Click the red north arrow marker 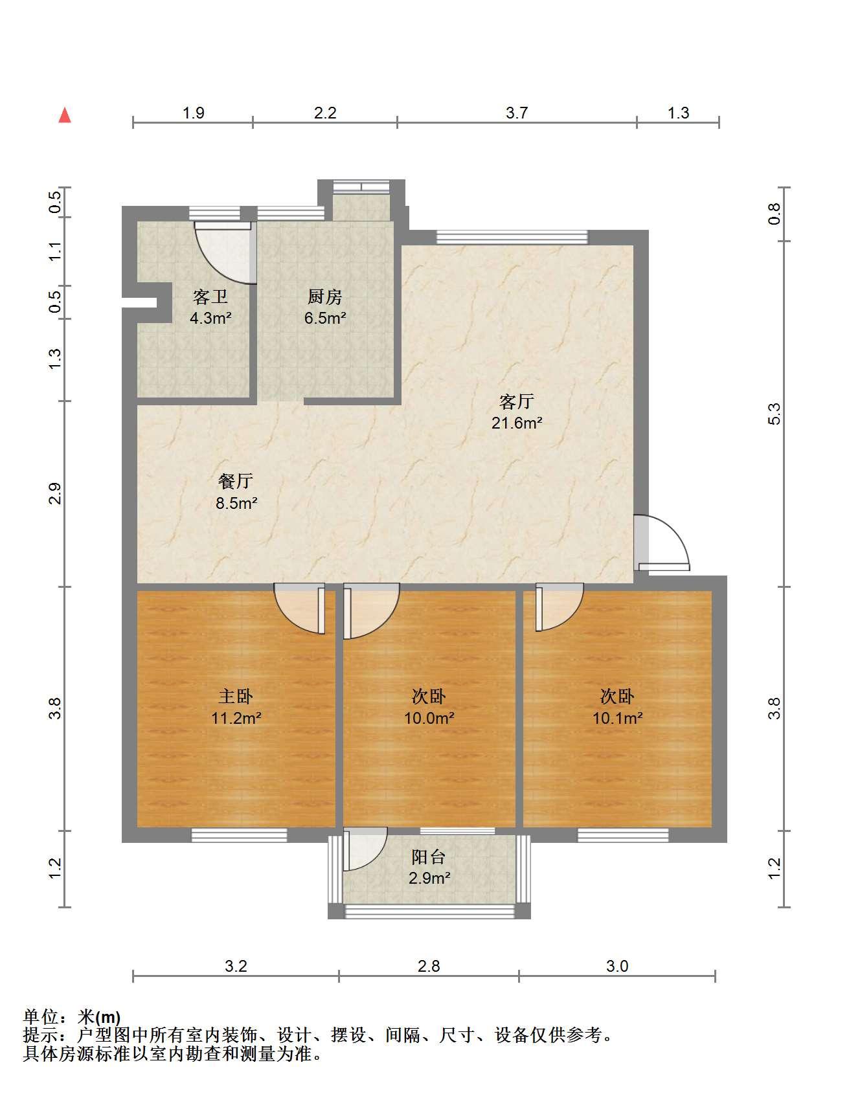pos(65,115)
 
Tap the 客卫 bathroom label pos(210,297)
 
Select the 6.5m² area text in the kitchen pos(325,318)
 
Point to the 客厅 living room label pos(517,401)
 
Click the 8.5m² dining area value pos(237,502)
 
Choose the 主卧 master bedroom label pos(236,696)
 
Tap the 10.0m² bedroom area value pos(429,717)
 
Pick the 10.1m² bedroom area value pos(618,717)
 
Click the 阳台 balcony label pos(429,857)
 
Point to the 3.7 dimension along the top pos(517,113)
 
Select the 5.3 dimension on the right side pos(775,414)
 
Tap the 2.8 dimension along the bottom pos(429,966)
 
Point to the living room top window pos(512,237)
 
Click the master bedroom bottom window pos(239,835)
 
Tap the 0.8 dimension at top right pos(775,214)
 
